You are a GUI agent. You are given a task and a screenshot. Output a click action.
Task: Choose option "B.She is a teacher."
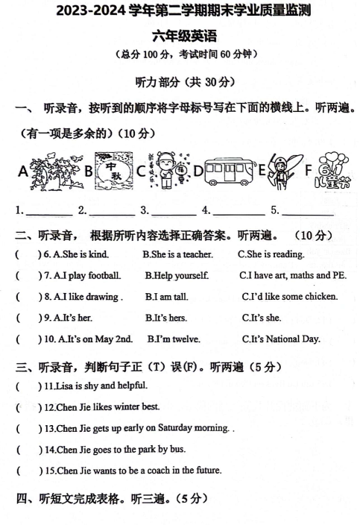(177, 254)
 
